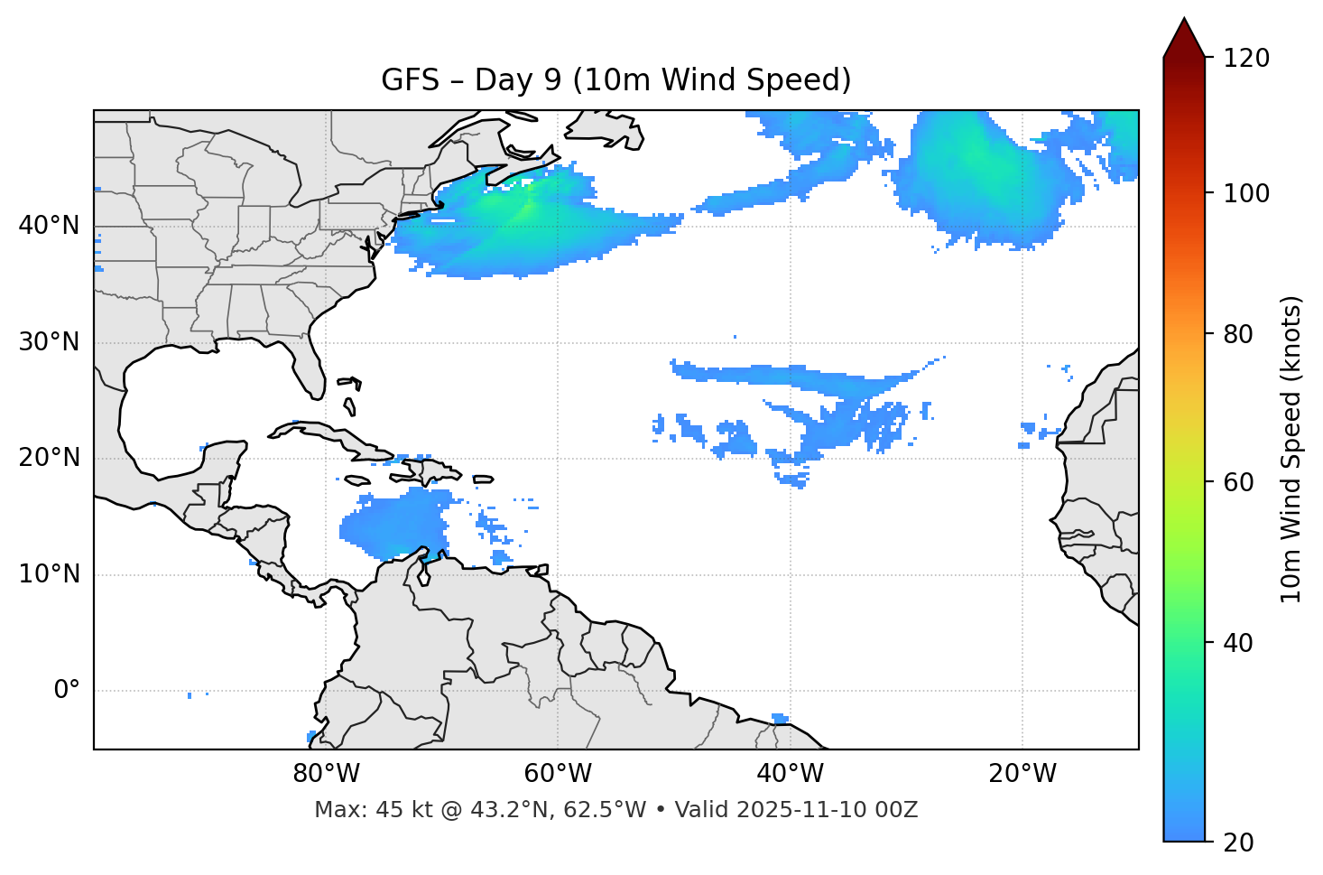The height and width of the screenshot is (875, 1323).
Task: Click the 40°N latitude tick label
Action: coord(49,226)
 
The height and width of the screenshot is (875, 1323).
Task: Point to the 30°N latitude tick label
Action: coord(49,342)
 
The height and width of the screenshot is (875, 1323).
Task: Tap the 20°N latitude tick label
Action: coord(49,458)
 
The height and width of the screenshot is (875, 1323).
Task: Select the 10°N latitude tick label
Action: coord(49,574)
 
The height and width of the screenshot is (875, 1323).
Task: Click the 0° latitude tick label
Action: coord(67,691)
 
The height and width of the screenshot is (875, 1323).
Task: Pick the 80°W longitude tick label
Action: coord(326,774)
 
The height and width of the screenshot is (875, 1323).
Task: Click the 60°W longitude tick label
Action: coord(558,774)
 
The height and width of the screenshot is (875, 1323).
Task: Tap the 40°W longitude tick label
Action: coord(790,774)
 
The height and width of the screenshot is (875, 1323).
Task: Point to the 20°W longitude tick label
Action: coord(1022,774)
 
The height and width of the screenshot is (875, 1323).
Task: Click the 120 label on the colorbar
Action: coord(1246,59)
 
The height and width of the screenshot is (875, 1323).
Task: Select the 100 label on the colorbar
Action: coord(1246,194)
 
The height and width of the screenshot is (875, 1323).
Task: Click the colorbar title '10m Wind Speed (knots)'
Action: coord(1291,449)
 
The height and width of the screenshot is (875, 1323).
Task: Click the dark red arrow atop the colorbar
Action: coord(1184,39)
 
